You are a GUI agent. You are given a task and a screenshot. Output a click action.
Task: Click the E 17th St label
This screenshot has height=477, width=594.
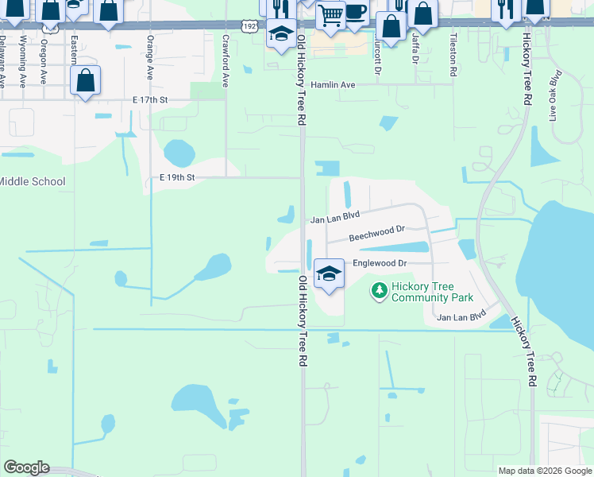pyautogui.click(x=151, y=100)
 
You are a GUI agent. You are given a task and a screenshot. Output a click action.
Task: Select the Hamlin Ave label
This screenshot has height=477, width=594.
pyautogui.click(x=332, y=84)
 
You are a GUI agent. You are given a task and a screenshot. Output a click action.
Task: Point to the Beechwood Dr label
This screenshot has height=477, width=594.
pyautogui.click(x=377, y=234)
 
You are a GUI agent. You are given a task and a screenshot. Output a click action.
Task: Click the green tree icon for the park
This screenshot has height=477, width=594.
pyautogui.click(x=380, y=292)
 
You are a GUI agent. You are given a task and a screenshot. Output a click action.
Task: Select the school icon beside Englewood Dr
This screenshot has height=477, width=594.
pyautogui.click(x=329, y=274)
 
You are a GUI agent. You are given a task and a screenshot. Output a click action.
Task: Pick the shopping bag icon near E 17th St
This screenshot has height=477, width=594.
pyautogui.click(x=86, y=81)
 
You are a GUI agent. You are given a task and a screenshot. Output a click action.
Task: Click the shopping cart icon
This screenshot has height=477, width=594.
pyautogui.click(x=330, y=14)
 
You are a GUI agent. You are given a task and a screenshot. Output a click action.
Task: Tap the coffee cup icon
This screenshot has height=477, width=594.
pyautogui.click(x=355, y=11)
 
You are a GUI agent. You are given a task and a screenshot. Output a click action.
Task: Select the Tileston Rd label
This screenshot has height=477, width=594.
pyautogui.click(x=453, y=56)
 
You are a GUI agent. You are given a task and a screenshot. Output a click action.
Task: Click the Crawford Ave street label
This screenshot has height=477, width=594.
pyautogui.click(x=226, y=60)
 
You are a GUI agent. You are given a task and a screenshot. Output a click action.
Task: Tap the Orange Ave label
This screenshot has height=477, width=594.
pyautogui.click(x=149, y=56)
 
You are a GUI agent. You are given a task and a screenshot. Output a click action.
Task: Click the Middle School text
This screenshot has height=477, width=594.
pyautogui.click(x=32, y=181)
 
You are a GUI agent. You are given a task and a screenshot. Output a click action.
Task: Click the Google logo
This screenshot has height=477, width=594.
pyautogui.click(x=26, y=467)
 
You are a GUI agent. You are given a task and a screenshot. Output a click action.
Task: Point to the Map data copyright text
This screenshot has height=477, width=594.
pyautogui.click(x=544, y=471)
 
